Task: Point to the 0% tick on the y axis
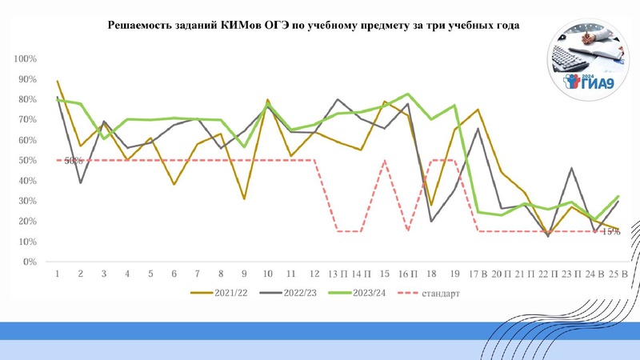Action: click(x=30, y=262)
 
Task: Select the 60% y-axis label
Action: click(x=27, y=140)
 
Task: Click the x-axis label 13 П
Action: click(x=338, y=274)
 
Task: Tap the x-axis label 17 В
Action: click(x=478, y=274)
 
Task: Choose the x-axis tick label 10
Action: click(x=267, y=274)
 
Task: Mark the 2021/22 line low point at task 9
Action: click(x=244, y=198)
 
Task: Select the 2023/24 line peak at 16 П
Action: click(x=408, y=94)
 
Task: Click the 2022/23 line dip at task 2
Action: click(x=80, y=182)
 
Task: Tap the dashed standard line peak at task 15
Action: click(x=385, y=161)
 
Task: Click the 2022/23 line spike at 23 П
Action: click(x=572, y=169)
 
